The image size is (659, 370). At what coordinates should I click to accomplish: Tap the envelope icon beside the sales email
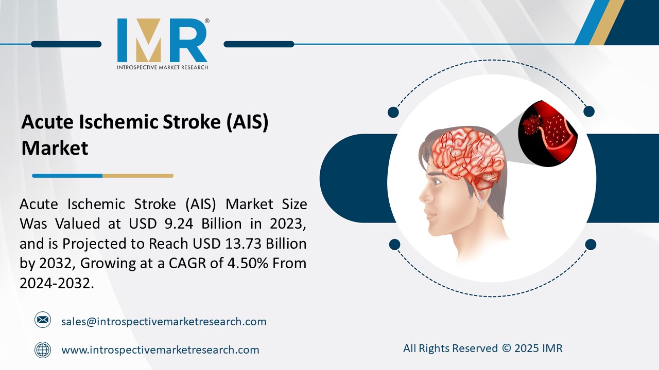(43, 320)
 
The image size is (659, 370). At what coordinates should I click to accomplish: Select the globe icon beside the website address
(43, 350)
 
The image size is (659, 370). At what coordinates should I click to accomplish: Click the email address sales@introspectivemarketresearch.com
(164, 322)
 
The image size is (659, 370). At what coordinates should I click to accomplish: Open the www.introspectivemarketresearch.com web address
(160, 350)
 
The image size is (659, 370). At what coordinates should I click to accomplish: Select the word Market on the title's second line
(55, 148)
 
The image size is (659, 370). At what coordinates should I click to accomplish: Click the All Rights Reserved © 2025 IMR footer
(482, 348)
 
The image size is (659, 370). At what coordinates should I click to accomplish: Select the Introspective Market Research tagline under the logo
(163, 67)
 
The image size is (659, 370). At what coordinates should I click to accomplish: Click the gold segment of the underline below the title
(137, 176)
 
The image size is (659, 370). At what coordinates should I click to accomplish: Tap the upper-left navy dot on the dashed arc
(393, 112)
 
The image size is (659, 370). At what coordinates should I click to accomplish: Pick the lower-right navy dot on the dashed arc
(591, 244)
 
